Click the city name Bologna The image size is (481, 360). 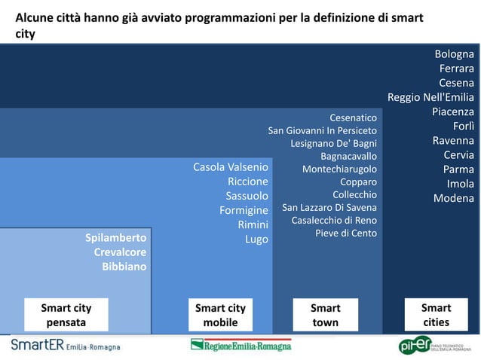click(x=454, y=54)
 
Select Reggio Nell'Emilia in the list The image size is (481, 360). click(x=430, y=97)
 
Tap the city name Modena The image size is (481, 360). click(x=453, y=198)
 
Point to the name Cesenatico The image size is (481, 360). click(x=353, y=117)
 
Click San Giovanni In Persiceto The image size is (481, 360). click(x=322, y=130)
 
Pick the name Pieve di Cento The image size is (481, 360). click(x=345, y=233)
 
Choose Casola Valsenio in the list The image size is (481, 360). click(x=230, y=166)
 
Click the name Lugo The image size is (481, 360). click(x=256, y=239)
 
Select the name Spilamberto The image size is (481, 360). click(x=115, y=238)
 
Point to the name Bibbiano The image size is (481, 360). click(x=124, y=267)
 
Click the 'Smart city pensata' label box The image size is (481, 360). click(x=66, y=315)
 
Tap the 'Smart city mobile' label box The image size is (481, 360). click(x=220, y=315)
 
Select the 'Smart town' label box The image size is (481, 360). click(x=325, y=315)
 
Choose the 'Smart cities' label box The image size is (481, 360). click(x=436, y=314)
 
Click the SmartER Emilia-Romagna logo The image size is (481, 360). click(x=65, y=345)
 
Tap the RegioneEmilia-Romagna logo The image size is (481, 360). click(x=240, y=345)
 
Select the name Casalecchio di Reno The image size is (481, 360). click(x=334, y=220)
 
